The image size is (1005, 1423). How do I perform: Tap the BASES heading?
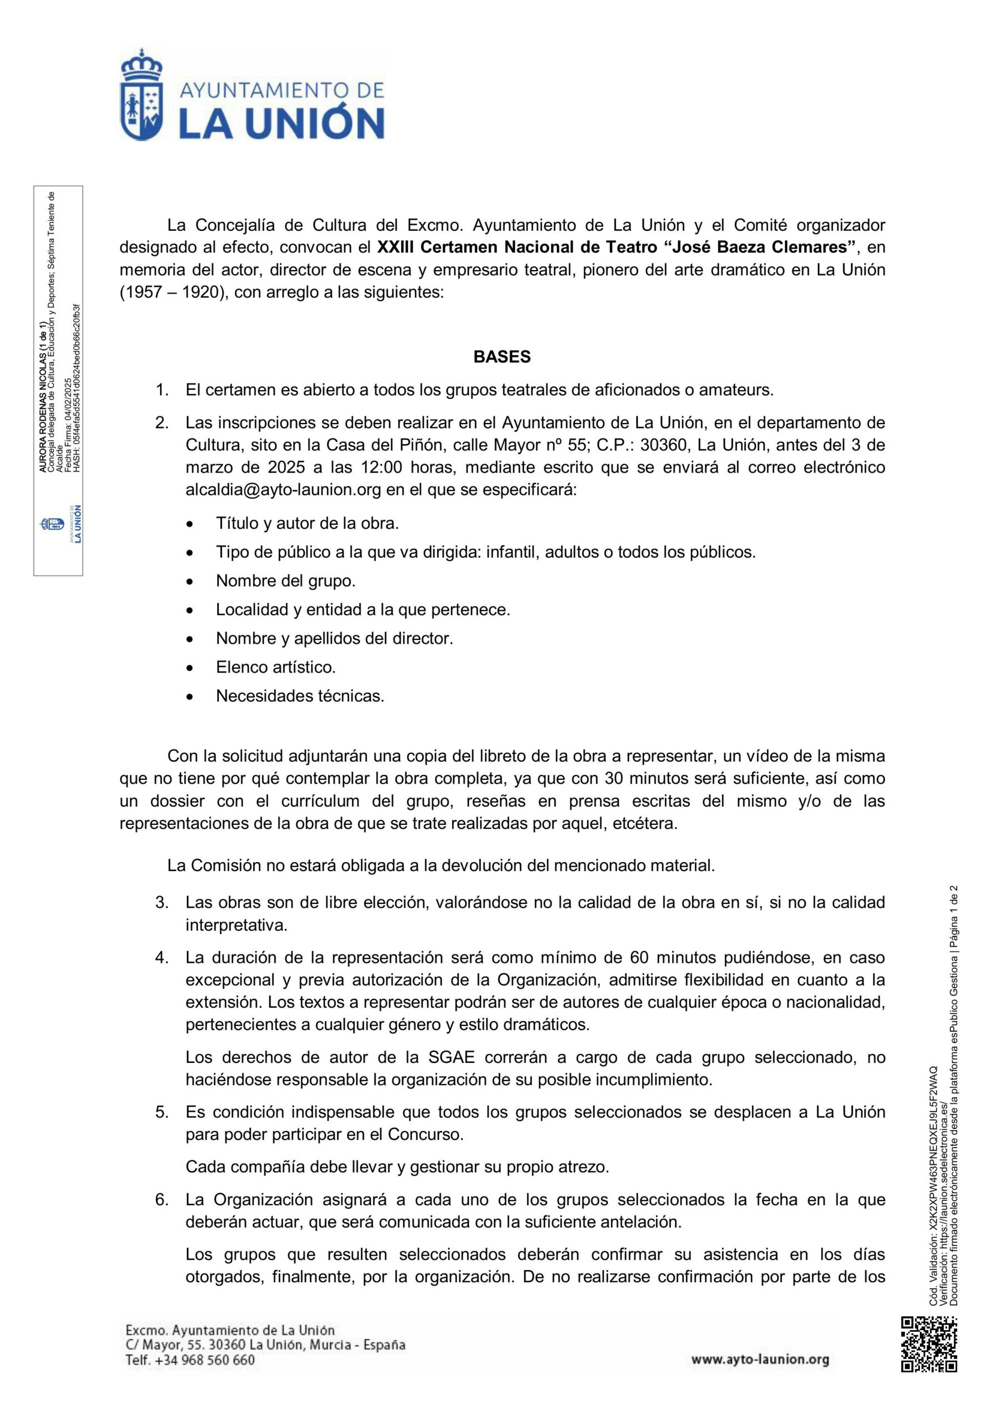pos(502,357)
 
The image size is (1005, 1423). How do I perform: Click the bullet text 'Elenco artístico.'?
pos(276,668)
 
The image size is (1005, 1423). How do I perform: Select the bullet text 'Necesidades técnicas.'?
pos(300,696)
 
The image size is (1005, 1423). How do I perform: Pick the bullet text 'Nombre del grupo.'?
pos(286,581)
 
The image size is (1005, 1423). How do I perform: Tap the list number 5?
pos(162,1112)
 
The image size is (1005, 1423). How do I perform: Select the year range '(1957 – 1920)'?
pos(172,292)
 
